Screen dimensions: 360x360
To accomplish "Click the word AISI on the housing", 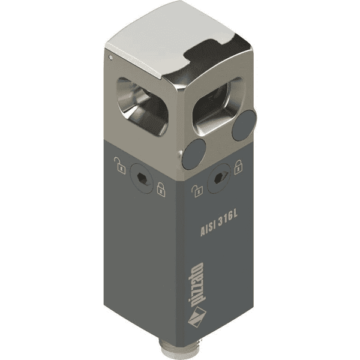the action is pos(208,228).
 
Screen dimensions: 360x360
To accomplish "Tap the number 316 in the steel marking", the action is pos(224,220).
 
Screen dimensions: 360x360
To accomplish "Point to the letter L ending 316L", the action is pos(234,215).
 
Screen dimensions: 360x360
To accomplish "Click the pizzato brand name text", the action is pos(197,285).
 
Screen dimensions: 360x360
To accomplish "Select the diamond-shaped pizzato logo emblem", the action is pos(197,317).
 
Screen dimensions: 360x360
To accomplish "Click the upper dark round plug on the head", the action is pos(244,125).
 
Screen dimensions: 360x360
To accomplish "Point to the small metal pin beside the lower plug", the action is pos(180,154).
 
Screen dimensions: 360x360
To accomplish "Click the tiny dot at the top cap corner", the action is pos(111,58).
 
